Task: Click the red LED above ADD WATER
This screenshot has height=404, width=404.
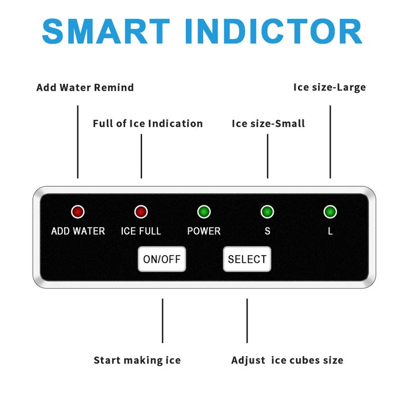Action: coord(78,212)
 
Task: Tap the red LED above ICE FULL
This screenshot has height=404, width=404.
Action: coord(141,212)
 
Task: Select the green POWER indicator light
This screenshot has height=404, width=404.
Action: coord(204,212)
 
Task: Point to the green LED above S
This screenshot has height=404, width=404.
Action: coord(267,212)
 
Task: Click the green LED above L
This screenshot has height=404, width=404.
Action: coord(330,212)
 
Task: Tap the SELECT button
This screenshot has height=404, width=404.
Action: coord(247,259)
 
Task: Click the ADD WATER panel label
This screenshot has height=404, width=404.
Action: coord(78,231)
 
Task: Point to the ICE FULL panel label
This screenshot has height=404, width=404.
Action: coord(141,231)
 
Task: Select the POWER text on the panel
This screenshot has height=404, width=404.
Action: coord(204,231)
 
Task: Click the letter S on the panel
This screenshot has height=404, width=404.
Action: coord(267,231)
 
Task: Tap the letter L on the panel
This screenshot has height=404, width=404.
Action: coord(330,231)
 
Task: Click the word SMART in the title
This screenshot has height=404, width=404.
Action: coord(106,31)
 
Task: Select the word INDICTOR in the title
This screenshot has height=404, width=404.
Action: coord(274,31)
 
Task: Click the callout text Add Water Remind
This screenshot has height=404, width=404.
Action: coord(85,87)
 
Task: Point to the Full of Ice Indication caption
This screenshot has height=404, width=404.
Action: coord(148,124)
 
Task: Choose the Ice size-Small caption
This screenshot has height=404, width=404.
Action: coord(268,124)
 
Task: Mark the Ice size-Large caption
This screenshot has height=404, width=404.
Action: coord(330,87)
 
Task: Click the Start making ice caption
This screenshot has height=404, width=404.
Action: coord(137,360)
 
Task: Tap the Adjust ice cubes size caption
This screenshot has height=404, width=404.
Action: coord(287,360)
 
